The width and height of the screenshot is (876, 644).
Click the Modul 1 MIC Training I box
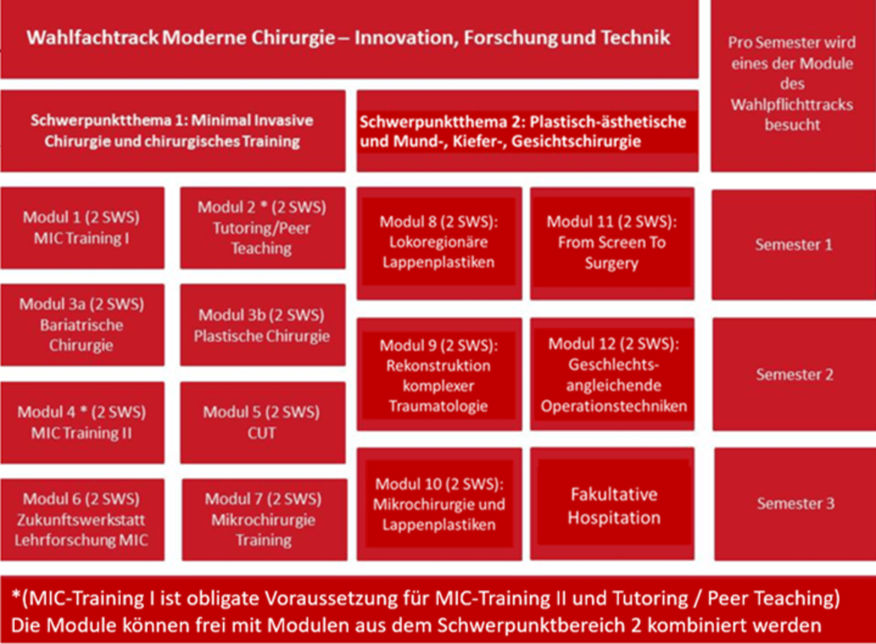tap(82, 228)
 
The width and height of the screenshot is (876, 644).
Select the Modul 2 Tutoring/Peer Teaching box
tap(263, 228)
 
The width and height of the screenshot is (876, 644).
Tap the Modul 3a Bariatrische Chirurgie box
tap(82, 324)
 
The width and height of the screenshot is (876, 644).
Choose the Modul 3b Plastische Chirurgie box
tap(263, 324)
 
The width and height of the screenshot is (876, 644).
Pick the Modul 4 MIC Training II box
tap(82, 423)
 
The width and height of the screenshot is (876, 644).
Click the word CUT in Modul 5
tap(261, 433)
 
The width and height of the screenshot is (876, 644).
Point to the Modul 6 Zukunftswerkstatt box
tap(82, 520)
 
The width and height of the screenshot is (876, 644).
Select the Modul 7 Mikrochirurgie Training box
tap(264, 520)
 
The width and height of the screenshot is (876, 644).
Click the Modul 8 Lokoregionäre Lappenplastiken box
tap(439, 243)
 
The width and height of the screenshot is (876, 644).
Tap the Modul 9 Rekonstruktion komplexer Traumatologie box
tap(439, 374)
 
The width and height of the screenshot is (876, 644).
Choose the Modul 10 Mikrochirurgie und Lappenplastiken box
tap(439, 504)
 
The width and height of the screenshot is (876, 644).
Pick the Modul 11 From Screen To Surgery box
tap(612, 243)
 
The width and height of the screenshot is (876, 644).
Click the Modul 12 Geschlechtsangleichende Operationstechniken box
tap(612, 374)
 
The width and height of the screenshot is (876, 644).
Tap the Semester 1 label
tap(794, 245)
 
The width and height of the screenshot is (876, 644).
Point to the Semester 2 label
tap(795, 374)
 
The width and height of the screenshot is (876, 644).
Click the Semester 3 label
tap(796, 503)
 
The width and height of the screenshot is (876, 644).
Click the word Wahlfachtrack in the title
tap(93, 37)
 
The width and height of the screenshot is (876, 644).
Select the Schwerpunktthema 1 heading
tap(173, 131)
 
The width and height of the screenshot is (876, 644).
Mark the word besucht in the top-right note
tap(792, 124)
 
